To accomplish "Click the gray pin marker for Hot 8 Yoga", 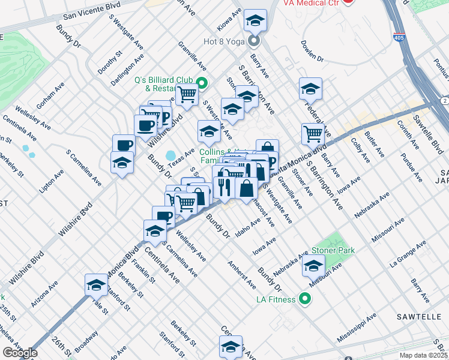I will pyautogui.click(x=253, y=41).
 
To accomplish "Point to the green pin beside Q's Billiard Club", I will pyautogui.click(x=202, y=83).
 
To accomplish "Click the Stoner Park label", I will pyautogui.click(x=333, y=250).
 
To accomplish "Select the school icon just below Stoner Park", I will pyautogui.click(x=313, y=265).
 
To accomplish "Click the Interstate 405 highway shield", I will pyautogui.click(x=399, y=37).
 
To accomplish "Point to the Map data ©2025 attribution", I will pyautogui.click(x=423, y=355).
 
